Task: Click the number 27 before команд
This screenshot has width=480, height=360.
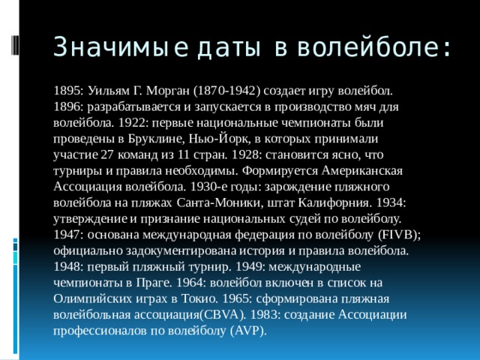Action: (107, 155)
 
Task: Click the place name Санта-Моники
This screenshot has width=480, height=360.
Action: (212, 203)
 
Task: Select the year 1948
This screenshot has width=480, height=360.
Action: (68, 267)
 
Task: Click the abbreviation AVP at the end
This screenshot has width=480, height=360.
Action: (247, 331)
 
